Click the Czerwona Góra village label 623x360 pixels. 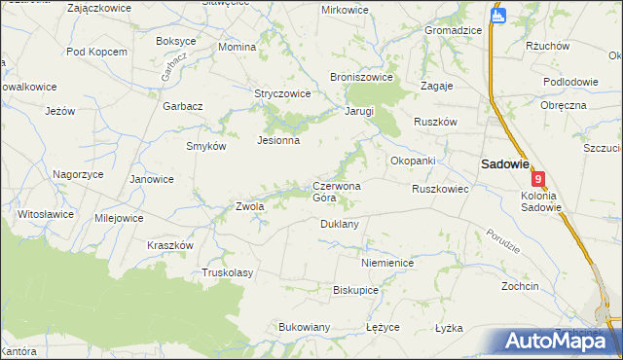[x=337, y=192]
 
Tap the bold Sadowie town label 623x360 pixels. [x=503, y=165]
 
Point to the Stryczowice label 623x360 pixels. [x=282, y=94]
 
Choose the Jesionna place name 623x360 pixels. [x=277, y=140]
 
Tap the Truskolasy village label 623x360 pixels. [x=228, y=273]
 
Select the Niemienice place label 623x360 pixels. [x=386, y=263]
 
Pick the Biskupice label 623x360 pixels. [x=355, y=290]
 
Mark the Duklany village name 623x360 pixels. [x=340, y=224]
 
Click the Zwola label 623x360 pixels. [x=250, y=206]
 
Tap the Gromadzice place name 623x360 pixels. [x=453, y=30]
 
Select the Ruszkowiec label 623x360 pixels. [x=440, y=189]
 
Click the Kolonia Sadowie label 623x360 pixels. [x=535, y=200]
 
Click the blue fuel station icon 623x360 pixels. [x=498, y=14]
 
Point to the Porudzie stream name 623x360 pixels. [x=503, y=240]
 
